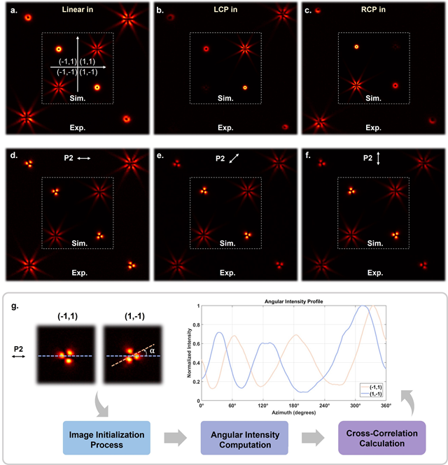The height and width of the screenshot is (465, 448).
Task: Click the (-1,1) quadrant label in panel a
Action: pos(67,62)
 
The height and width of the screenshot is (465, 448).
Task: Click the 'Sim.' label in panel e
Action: pos(225,243)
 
